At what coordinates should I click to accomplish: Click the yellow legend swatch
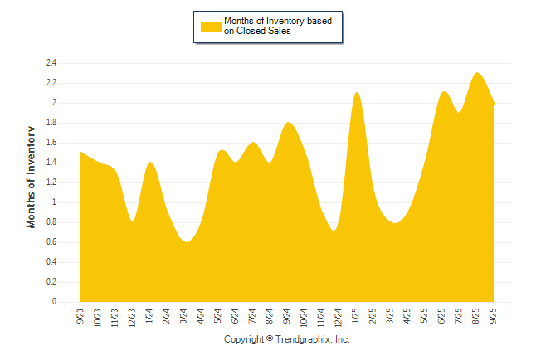point(211,26)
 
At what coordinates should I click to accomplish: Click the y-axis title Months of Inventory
point(32,177)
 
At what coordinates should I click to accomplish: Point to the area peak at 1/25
point(357,93)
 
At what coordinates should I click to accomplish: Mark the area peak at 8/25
point(477,73)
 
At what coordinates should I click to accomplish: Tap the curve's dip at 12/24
point(334,231)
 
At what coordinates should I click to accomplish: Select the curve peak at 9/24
point(288,123)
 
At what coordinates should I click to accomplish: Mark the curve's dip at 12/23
point(133,221)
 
